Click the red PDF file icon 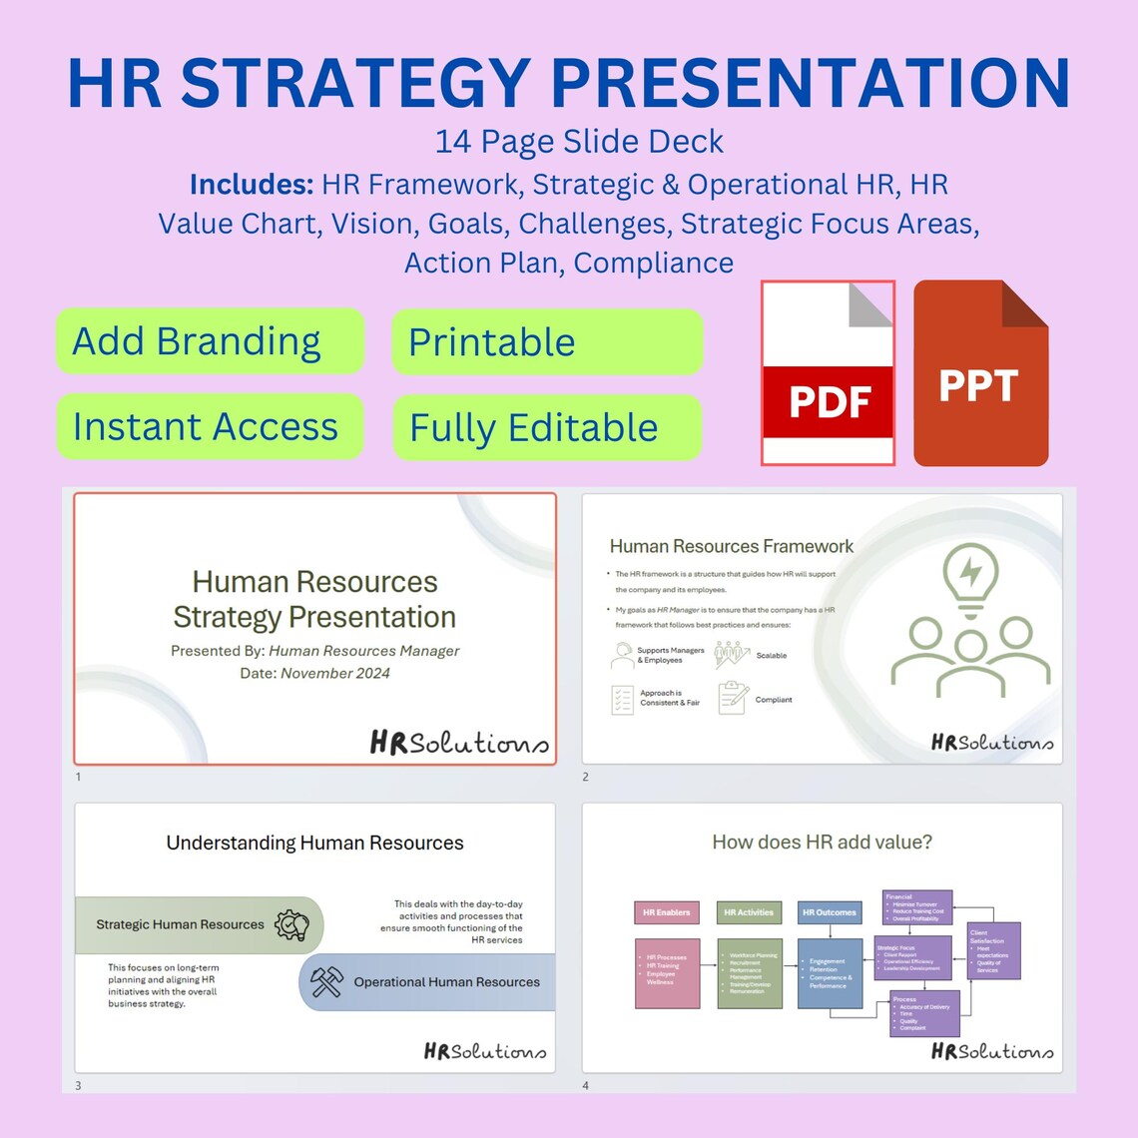[x=828, y=373]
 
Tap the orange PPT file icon [x=980, y=373]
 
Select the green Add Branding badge [x=210, y=341]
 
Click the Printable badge [x=547, y=342]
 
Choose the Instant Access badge [x=210, y=427]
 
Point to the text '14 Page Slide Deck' [x=579, y=142]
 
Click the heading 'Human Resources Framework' [x=731, y=546]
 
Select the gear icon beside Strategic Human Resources [x=291, y=925]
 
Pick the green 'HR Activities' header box [x=749, y=912]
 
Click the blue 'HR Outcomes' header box [x=830, y=912]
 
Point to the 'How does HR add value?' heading [x=822, y=843]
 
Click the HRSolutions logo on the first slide [x=458, y=743]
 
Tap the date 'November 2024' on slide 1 [x=334, y=674]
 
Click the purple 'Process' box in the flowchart [x=924, y=1013]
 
